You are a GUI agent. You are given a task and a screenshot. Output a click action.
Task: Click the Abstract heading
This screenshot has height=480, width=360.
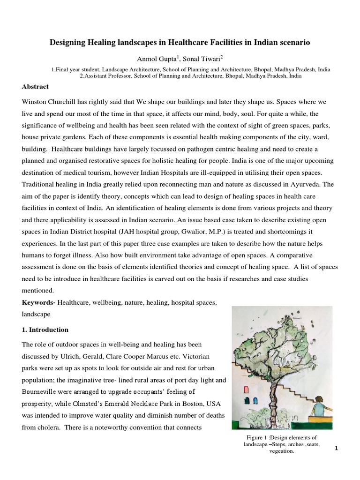coord(35,87)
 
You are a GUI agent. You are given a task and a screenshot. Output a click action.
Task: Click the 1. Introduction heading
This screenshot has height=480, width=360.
coord(45,330)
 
